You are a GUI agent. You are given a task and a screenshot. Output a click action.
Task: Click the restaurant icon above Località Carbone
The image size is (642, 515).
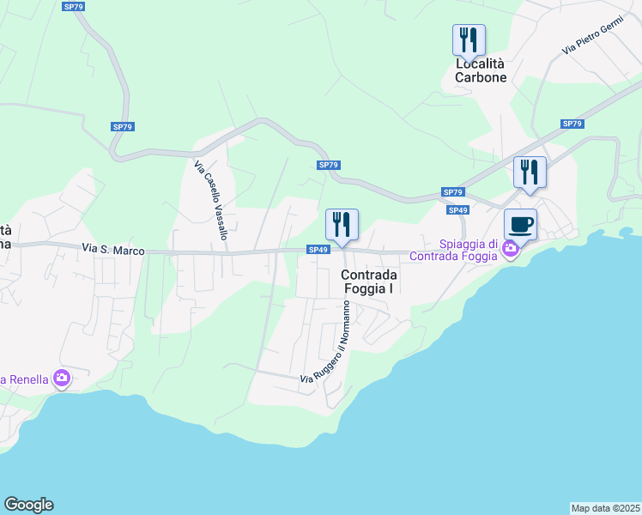[x=469, y=39]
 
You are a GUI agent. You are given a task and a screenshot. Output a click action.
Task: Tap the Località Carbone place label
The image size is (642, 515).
[x=481, y=70]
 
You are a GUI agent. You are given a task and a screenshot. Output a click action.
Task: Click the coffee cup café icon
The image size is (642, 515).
[x=520, y=225]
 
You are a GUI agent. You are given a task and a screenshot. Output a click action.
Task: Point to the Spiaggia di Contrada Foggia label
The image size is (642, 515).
[x=453, y=250]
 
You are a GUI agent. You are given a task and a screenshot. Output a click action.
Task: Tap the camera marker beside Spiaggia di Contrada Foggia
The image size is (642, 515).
[x=511, y=249]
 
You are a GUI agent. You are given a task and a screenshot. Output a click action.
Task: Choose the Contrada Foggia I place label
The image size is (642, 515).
[x=369, y=282]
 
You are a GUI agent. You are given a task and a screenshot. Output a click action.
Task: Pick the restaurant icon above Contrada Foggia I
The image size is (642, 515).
[x=342, y=225]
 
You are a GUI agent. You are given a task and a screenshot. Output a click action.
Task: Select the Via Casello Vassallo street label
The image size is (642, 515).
[x=211, y=200]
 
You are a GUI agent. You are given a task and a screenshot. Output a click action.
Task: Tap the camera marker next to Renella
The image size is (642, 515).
[x=61, y=378]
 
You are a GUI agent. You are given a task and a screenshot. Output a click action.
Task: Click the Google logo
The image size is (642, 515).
[x=28, y=505]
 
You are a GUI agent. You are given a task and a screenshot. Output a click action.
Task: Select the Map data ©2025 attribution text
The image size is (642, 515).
[x=605, y=507]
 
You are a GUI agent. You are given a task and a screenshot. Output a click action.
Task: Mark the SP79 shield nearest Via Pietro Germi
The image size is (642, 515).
[x=572, y=124]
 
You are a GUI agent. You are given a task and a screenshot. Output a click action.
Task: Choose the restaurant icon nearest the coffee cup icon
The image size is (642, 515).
[x=530, y=172]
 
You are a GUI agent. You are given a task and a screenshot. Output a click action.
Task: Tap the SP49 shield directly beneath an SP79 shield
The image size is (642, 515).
[x=457, y=209]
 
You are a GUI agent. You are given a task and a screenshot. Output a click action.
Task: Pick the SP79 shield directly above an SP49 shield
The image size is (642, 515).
[x=453, y=192]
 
